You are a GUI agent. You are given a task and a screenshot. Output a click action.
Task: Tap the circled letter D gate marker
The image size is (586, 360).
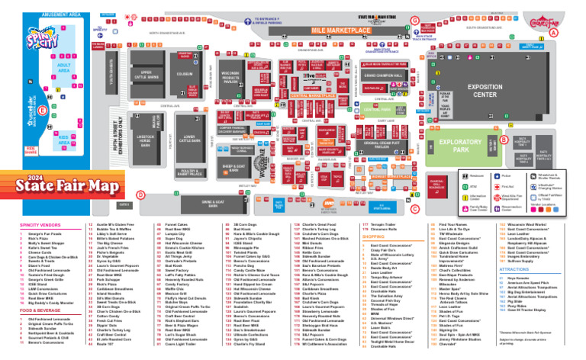pos(140,194)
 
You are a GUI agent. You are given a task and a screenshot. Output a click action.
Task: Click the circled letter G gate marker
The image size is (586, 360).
pos(414,19)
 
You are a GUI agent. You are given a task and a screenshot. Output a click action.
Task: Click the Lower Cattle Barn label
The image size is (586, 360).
pos(190,138)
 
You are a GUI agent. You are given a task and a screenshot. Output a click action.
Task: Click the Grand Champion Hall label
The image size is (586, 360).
pos(381,77)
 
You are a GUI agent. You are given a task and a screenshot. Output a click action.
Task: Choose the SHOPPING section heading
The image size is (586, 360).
pos(372,236)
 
